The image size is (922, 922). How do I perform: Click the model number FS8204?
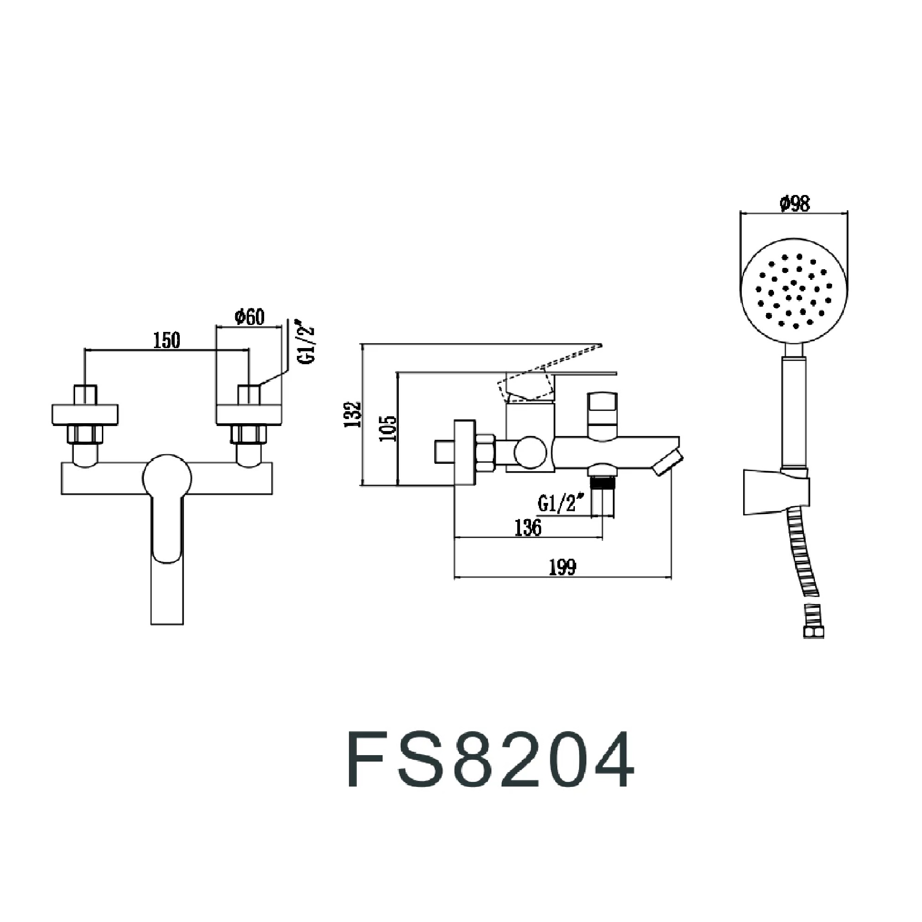(x=490, y=759)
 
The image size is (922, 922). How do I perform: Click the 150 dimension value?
(x=166, y=340)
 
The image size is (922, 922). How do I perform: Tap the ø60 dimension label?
(x=249, y=316)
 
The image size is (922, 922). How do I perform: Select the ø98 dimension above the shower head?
(x=795, y=204)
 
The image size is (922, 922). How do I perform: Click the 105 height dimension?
(x=389, y=428)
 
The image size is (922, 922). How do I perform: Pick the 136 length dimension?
(x=528, y=527)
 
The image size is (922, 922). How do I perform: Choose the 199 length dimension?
(x=562, y=567)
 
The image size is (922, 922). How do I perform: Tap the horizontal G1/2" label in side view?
(x=561, y=503)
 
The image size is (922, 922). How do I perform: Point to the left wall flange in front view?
(x=85, y=414)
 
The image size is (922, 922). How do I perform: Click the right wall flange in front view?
(x=249, y=414)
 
